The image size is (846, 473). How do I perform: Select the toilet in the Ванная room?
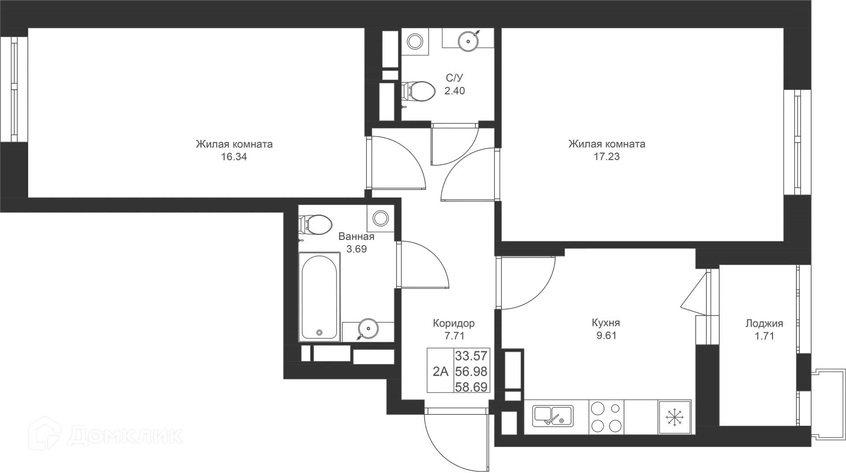(315, 225)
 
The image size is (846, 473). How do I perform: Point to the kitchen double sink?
(553, 416)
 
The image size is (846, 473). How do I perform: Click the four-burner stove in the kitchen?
(606, 417)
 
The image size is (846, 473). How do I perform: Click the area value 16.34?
(234, 156)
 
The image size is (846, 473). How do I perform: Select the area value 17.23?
(607, 156)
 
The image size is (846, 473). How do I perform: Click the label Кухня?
(606, 323)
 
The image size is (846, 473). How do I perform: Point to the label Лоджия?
(764, 324)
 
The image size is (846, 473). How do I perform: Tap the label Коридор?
(454, 324)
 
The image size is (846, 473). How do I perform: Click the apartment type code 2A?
(440, 372)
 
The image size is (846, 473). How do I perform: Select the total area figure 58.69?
(471, 387)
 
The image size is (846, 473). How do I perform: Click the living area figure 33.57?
(471, 355)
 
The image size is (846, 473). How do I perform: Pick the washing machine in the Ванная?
(380, 218)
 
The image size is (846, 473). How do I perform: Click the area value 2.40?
(454, 91)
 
